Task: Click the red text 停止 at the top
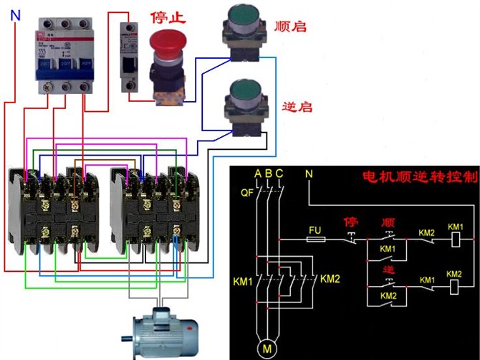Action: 170,15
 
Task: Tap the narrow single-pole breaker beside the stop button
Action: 129,55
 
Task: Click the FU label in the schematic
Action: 315,230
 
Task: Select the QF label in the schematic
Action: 247,192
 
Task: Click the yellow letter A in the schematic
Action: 257,174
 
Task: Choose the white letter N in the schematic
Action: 309,174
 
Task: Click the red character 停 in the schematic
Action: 350,222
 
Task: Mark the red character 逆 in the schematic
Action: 389,268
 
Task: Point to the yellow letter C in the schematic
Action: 279,174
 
